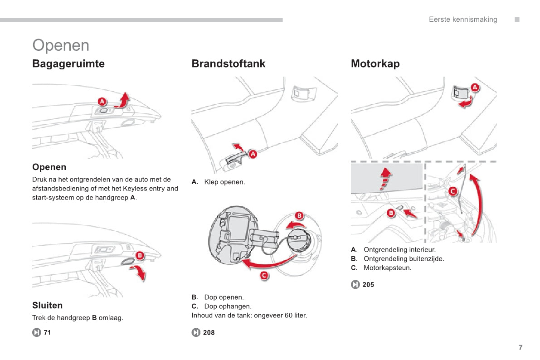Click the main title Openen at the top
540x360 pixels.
click(61, 45)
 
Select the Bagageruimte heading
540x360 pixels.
click(68, 64)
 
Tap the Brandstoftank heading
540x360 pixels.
click(229, 64)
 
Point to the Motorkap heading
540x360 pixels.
click(375, 64)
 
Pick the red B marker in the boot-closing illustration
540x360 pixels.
click(140, 256)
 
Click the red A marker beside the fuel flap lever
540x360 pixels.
click(253, 154)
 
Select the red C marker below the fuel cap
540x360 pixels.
click(263, 275)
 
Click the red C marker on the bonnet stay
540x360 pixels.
click(452, 191)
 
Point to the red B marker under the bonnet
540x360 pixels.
click(391, 212)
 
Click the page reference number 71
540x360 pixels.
click(47, 333)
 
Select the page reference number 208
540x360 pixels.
click(209, 333)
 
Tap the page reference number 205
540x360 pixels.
click(368, 285)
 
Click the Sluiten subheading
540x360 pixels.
click(48, 306)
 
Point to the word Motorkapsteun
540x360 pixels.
click(388, 268)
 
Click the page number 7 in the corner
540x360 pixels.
click(521, 348)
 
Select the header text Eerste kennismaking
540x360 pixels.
click(463, 19)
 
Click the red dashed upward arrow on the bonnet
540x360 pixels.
click(385, 179)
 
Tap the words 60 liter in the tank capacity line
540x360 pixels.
click(296, 316)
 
